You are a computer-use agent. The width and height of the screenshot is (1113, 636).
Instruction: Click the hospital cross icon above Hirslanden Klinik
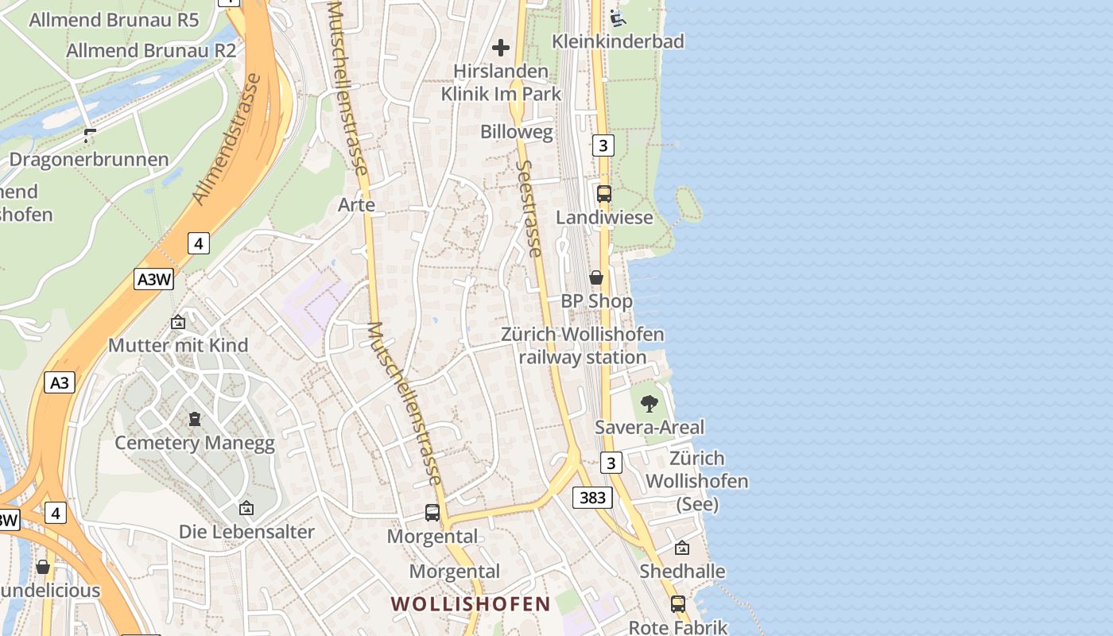501,48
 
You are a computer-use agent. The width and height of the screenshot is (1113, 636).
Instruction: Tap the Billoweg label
516,132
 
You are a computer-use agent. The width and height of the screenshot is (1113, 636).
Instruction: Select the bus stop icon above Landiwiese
604,193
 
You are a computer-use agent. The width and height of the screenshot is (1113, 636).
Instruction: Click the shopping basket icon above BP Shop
596,277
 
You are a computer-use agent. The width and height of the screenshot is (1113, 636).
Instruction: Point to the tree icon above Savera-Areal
650,404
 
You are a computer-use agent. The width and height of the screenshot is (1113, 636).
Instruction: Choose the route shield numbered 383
592,498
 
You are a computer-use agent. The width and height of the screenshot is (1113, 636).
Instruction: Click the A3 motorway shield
60,382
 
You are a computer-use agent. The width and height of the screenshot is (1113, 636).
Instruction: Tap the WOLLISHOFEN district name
471,603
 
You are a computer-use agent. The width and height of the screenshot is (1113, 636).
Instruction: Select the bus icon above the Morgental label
432,513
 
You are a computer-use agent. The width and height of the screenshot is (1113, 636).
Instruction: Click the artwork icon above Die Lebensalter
246,508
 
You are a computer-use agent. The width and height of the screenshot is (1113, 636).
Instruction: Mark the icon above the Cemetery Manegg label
195,418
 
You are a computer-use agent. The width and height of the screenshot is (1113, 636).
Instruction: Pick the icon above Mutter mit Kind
178,322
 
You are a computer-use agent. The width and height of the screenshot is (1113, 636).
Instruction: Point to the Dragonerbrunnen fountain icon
90,136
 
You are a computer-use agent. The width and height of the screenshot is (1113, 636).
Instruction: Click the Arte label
356,204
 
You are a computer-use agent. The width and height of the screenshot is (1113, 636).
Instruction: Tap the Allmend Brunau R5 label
114,20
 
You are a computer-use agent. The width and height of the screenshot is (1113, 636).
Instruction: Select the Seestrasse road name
529,208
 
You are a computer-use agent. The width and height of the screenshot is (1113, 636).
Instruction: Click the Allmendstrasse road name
227,139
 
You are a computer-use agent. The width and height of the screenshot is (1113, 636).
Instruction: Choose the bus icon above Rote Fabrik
678,604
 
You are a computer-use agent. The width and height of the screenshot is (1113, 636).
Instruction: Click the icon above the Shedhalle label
682,548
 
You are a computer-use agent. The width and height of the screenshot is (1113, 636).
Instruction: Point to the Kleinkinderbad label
618,41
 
